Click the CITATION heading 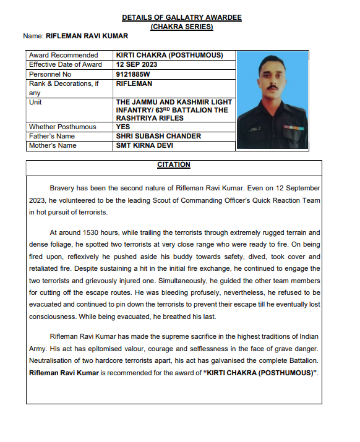(173, 165)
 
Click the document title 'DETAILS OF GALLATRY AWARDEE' (182, 17)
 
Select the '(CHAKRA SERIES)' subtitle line (182, 27)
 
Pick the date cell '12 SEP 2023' (137, 64)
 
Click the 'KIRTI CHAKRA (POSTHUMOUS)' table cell (169, 55)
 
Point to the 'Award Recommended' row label (64, 55)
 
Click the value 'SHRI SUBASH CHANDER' (158, 136)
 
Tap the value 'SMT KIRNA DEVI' (145, 145)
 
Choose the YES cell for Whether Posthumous (123, 127)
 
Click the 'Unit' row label (35, 102)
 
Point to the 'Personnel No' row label (52, 74)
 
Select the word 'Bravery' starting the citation (63, 187)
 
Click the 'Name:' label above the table (34, 37)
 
